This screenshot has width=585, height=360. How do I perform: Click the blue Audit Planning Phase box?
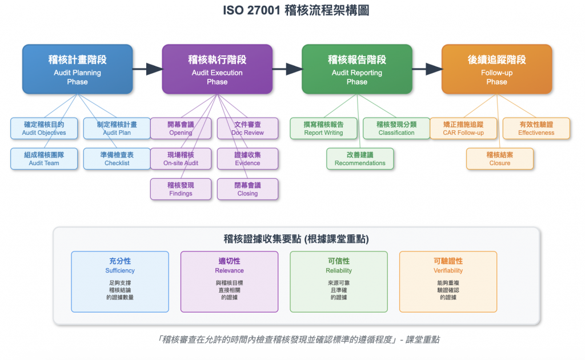[x=77, y=69]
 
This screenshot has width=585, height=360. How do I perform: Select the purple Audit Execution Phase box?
[x=217, y=69]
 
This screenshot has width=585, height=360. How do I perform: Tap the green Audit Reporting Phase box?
[x=356, y=69]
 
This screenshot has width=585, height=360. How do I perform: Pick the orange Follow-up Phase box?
[x=496, y=69]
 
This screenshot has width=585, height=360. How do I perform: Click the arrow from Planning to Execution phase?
[x=147, y=69]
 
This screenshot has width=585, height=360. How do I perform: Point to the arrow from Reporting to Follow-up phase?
[x=427, y=69]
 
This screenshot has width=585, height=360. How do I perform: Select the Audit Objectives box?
[x=44, y=128]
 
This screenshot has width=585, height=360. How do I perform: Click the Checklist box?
[x=117, y=158]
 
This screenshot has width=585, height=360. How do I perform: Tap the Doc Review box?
[x=247, y=128]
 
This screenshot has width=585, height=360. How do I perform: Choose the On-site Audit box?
[x=181, y=158]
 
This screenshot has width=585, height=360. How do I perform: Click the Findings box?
[x=181, y=189]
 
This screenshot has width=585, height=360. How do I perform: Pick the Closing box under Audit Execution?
[x=247, y=189]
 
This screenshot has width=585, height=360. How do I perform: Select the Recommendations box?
[x=360, y=158]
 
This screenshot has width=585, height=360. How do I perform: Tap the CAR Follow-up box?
[x=463, y=128]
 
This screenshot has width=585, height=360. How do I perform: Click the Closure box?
[x=500, y=158]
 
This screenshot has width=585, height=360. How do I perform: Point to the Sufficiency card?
[x=120, y=281]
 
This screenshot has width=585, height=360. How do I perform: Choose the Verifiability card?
[x=448, y=281]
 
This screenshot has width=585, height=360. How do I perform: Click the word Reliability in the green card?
[x=339, y=270]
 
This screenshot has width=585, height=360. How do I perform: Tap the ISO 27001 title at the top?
[x=292, y=11]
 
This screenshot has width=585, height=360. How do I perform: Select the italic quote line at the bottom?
[x=292, y=339]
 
